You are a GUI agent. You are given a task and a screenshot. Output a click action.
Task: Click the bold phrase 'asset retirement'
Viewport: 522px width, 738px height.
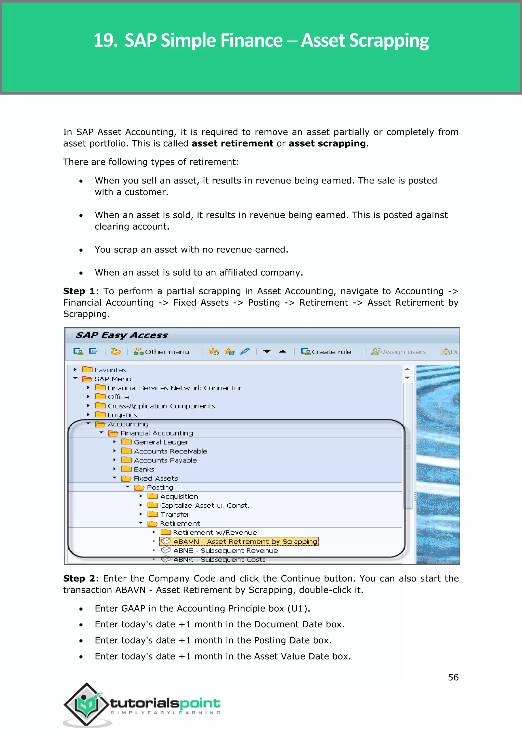click(x=232, y=143)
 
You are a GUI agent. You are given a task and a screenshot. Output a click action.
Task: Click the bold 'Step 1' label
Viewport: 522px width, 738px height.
click(x=79, y=291)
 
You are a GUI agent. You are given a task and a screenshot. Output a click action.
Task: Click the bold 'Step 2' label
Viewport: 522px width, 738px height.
click(x=79, y=578)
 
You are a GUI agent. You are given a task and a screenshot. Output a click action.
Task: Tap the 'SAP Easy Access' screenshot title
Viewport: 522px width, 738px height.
click(x=122, y=335)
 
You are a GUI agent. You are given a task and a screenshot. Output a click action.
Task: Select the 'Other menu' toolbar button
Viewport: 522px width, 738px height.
click(x=162, y=352)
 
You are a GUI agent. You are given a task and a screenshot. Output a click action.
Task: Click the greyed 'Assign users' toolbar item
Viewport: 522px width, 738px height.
click(x=399, y=352)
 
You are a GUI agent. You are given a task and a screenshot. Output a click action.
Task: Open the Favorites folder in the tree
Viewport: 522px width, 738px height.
click(x=110, y=370)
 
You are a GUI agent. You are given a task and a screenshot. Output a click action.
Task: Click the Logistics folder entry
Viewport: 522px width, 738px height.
click(x=122, y=415)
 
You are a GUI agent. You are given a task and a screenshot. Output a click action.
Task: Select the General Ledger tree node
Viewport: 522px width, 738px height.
click(x=161, y=442)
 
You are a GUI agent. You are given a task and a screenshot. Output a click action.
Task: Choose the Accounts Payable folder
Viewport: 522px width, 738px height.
click(x=165, y=460)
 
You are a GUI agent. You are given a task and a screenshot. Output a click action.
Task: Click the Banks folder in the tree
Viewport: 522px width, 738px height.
click(x=144, y=469)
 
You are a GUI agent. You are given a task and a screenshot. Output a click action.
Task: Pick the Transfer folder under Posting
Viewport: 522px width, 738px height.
click(x=175, y=515)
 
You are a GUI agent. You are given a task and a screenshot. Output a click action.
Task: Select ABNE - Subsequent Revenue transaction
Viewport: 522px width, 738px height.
click(x=225, y=551)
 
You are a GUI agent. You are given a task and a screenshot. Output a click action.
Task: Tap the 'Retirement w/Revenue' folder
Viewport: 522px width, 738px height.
click(x=215, y=533)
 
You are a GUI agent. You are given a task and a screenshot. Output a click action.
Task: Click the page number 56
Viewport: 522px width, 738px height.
click(x=453, y=678)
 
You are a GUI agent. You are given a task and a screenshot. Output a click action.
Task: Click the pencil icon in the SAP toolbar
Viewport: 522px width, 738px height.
click(x=245, y=351)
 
